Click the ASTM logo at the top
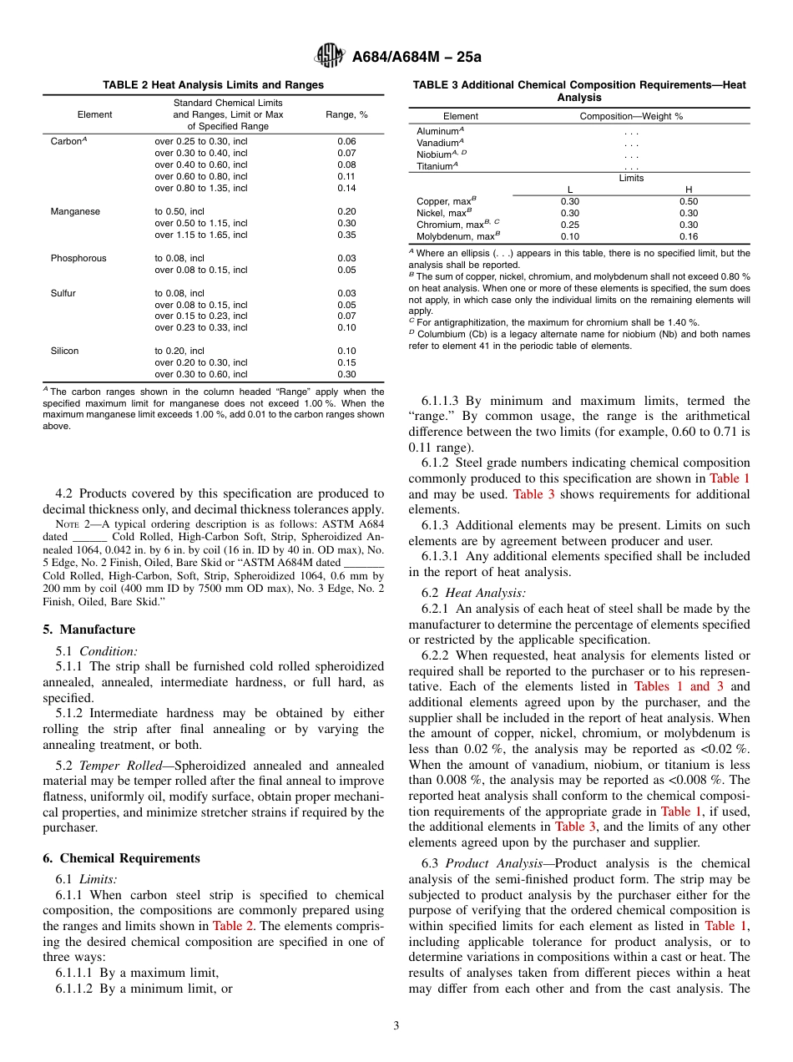pos(329,56)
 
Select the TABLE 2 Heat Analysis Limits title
pos(213,85)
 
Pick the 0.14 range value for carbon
pos(346,188)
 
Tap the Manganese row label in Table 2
pos(76,211)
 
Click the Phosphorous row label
pos(78,258)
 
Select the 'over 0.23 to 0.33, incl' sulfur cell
pos(200,328)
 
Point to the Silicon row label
pos(64,351)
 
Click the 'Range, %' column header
pos(346,114)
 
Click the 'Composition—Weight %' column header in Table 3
pos(631,116)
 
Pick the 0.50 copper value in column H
pos(689,201)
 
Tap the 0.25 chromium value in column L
pos(570,225)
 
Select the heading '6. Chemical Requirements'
pos(121,858)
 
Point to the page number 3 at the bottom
pos(396,1025)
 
